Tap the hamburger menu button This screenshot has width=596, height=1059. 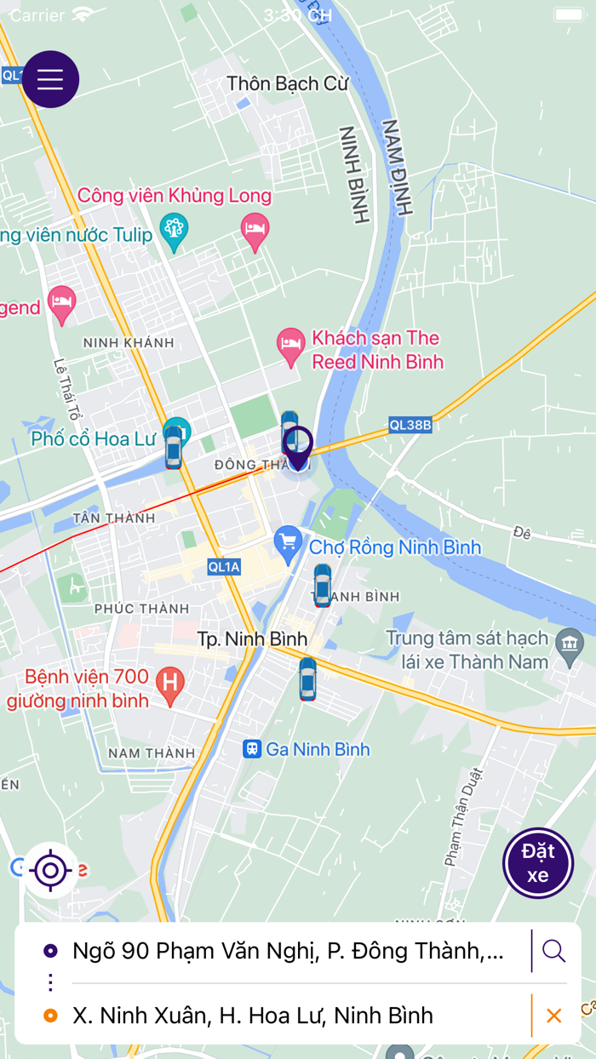50,79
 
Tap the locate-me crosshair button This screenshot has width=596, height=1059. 50,870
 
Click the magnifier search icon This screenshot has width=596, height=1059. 553,951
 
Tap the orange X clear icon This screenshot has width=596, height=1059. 553,1016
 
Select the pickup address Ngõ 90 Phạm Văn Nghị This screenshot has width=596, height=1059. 288,951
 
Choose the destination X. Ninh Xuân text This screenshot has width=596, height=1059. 252,1016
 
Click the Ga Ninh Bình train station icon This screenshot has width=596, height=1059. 251,749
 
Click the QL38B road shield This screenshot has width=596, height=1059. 410,424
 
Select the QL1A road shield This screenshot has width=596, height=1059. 225,567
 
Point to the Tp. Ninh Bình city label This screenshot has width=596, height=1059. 252,638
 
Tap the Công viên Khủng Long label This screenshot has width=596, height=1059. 175,196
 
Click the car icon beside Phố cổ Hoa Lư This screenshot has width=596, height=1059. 174,448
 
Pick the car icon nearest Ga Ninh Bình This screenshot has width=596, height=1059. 307,678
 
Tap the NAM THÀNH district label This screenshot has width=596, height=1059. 152,753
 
